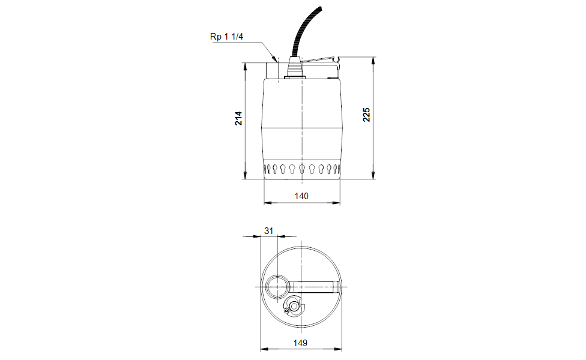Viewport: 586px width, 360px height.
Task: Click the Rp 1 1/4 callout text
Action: point(226,37)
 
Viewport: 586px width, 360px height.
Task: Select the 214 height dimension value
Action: point(238,118)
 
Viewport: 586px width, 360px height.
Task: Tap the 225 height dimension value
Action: point(366,115)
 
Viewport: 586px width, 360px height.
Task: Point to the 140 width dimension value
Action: point(301,196)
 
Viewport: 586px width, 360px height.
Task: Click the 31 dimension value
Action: point(268,230)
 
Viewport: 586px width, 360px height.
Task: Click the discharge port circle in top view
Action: point(278,287)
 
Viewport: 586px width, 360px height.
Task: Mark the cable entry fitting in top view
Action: point(295,307)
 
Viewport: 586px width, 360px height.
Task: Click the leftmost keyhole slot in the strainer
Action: point(267,169)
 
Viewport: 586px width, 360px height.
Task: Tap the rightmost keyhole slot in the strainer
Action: point(337,169)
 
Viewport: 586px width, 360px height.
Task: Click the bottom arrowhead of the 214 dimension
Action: point(246,175)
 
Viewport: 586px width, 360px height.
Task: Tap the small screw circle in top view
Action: point(286,310)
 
